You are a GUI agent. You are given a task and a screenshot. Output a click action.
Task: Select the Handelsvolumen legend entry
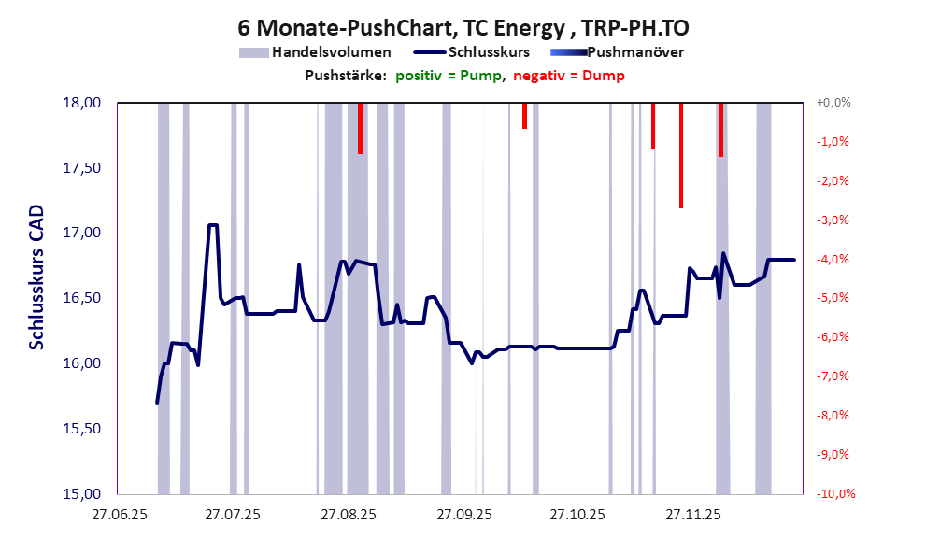(x=315, y=52)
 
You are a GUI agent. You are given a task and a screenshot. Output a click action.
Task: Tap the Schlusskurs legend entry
(x=477, y=52)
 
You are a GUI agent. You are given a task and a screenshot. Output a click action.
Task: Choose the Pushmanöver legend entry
(x=618, y=52)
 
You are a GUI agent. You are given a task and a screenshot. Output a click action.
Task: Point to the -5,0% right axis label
(x=833, y=298)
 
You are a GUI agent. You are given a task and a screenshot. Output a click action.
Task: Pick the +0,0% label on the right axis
(x=833, y=103)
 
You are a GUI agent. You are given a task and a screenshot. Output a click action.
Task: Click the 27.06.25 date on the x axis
(x=119, y=515)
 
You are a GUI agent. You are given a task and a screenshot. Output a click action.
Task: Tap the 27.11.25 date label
(x=691, y=515)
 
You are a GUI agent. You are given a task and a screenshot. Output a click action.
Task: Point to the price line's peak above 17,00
(x=213, y=225)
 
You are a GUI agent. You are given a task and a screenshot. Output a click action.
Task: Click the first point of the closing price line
(x=157, y=403)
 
